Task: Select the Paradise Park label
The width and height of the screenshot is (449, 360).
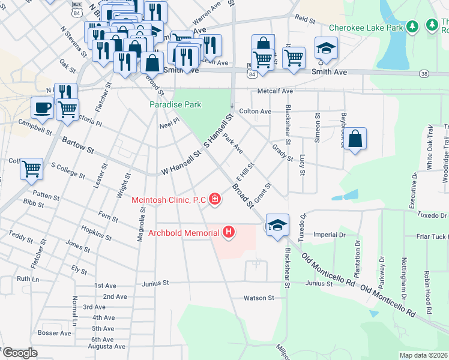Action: [175, 104]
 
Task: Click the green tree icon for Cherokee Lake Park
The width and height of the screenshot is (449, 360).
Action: [412, 26]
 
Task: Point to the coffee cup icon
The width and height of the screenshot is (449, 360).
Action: [42, 108]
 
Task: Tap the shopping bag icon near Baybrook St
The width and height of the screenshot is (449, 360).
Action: [355, 139]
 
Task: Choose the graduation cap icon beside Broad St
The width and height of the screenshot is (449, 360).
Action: [277, 225]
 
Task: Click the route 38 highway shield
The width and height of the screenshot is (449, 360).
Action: [424, 74]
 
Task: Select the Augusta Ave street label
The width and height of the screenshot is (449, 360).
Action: [107, 346]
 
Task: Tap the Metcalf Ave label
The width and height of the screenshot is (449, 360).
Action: [275, 91]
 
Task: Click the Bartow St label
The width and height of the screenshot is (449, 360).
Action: [78, 145]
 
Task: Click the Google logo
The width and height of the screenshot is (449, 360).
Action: [20, 353]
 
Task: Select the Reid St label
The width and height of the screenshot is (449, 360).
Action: [305, 20]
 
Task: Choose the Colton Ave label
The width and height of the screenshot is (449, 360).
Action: [255, 112]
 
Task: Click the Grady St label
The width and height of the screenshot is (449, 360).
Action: [282, 152]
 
